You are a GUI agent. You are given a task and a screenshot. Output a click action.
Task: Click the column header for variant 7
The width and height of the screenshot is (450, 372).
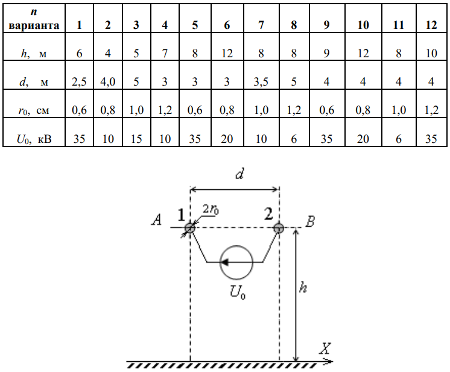261,25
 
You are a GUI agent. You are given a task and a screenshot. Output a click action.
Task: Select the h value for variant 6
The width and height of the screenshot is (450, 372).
227,54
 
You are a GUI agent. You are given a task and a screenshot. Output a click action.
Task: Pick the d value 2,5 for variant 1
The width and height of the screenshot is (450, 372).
79,82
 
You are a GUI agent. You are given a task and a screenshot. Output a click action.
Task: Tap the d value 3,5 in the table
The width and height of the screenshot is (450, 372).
261,82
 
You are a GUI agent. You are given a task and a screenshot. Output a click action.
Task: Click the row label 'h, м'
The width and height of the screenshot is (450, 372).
33,54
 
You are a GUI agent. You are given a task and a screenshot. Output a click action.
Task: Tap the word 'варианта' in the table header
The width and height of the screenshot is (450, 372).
34,25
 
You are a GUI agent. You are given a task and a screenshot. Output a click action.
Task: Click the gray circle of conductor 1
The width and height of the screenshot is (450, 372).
190,228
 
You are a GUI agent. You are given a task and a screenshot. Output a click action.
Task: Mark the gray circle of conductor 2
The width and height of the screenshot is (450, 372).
279,228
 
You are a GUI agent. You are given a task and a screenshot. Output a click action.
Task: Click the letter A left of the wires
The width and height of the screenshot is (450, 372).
157,221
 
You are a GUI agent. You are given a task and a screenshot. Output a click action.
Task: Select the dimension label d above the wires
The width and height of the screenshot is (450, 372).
239,175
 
